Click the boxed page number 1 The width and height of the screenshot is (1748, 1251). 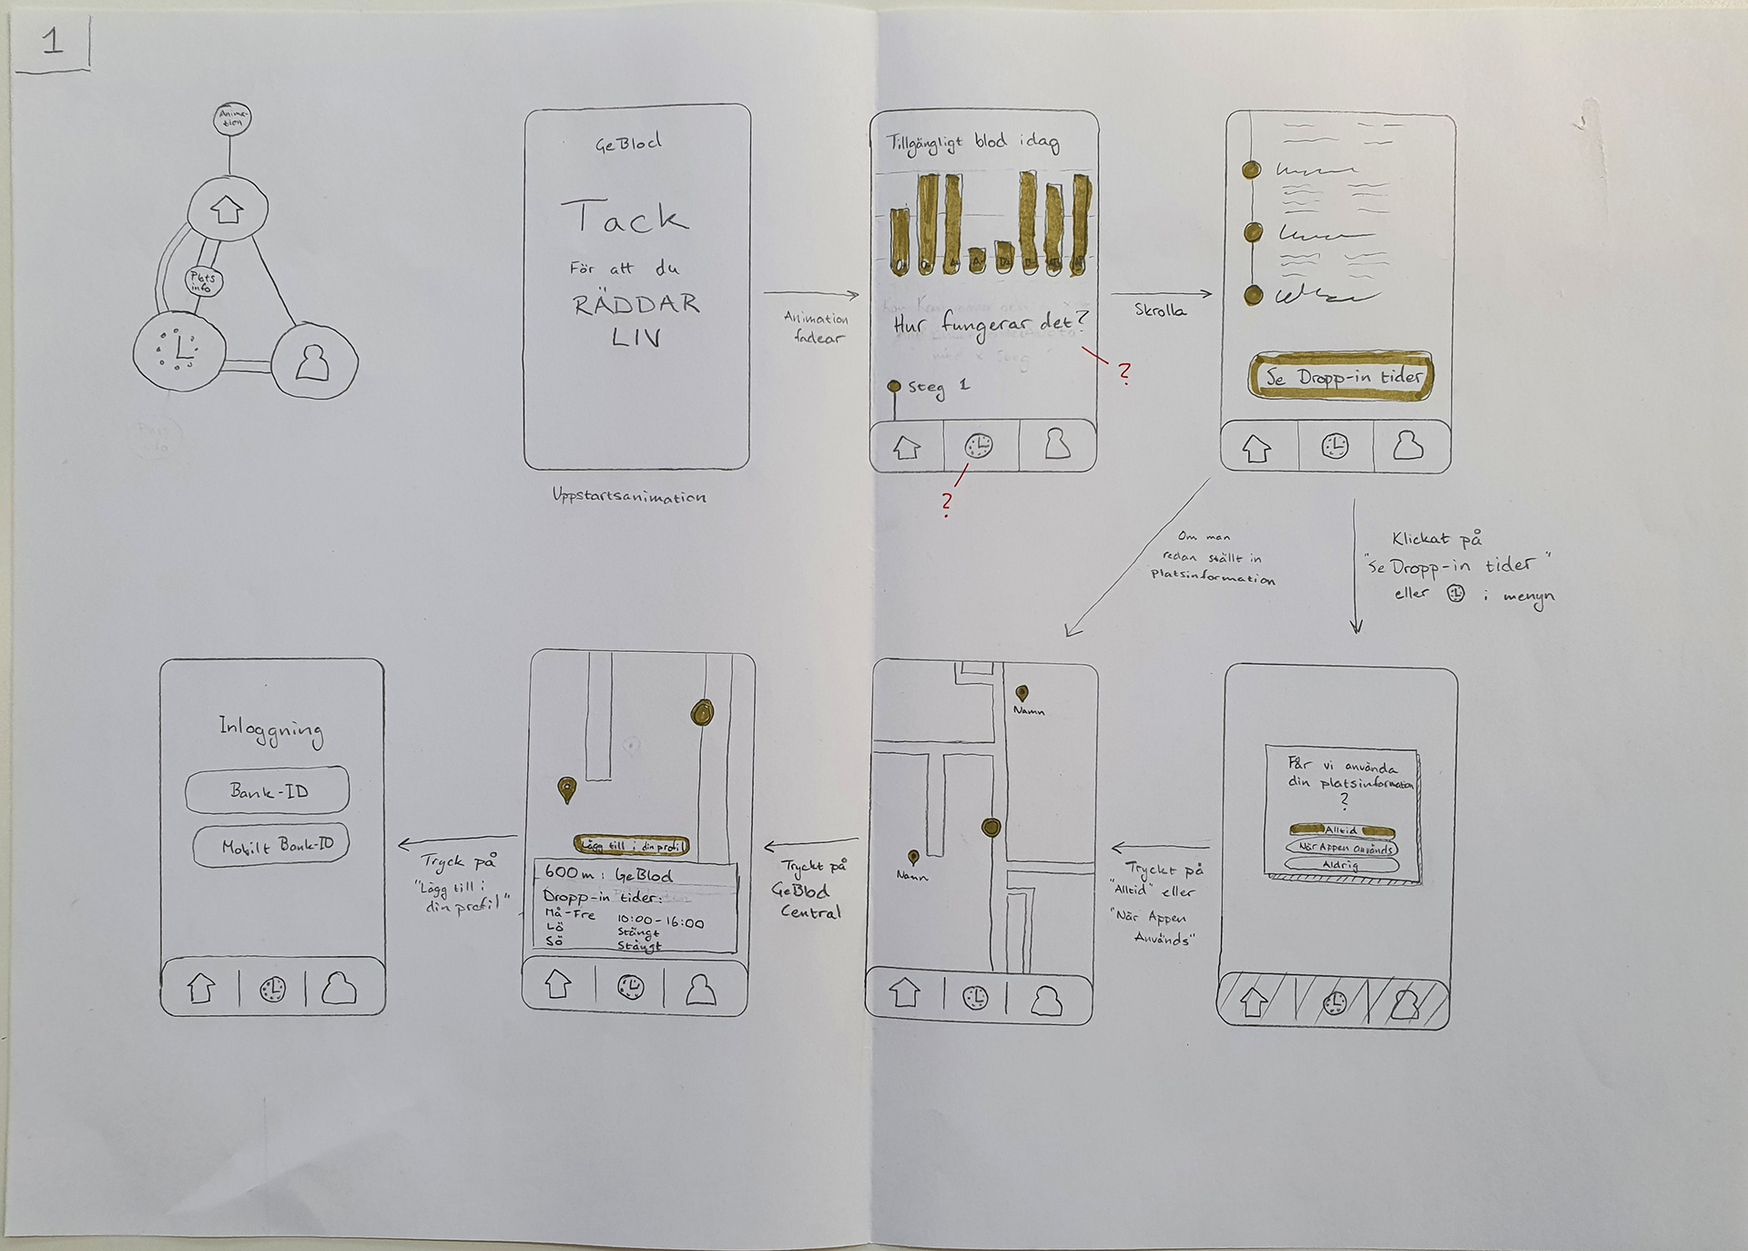52,42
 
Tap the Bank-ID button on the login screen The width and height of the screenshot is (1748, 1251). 268,790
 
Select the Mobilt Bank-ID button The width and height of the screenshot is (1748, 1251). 272,846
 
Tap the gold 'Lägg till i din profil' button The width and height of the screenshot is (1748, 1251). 631,846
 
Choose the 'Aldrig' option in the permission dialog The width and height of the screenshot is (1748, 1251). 1340,865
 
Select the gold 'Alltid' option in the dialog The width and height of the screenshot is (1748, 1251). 1340,829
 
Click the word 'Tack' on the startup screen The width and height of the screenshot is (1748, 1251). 624,219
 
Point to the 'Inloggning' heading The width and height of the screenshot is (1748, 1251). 270,729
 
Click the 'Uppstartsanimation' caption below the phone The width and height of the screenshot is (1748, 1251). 629,497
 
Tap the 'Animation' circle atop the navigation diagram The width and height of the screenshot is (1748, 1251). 232,118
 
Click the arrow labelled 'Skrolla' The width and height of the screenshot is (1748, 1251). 1162,294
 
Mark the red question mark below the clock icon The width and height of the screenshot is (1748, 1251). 948,502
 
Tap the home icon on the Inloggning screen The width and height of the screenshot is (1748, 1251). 200,988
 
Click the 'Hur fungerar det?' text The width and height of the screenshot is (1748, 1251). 989,323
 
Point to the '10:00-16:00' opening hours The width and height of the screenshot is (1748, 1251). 660,921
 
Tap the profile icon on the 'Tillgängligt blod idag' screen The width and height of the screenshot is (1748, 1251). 1056,445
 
